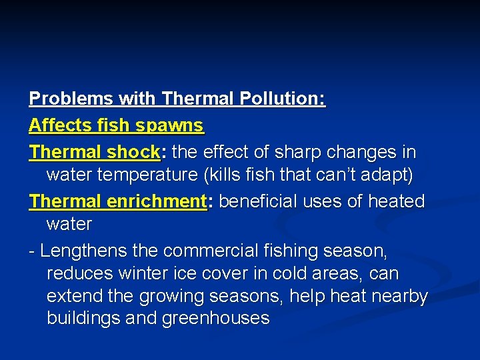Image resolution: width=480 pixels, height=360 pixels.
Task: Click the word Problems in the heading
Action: click(x=71, y=99)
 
